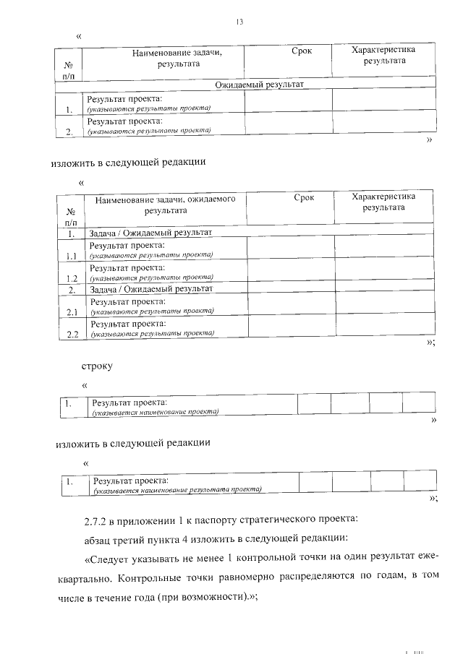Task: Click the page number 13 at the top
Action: click(x=239, y=22)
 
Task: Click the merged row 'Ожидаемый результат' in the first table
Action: click(x=258, y=85)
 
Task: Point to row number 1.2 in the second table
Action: click(x=71, y=278)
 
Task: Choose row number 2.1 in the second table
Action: click(x=71, y=312)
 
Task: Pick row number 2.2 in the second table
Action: click(x=71, y=335)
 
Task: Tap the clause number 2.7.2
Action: click(x=98, y=520)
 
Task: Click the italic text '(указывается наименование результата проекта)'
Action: click(x=177, y=489)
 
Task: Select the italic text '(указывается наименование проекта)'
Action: click(x=155, y=412)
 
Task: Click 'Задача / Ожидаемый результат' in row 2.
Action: click(x=150, y=289)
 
